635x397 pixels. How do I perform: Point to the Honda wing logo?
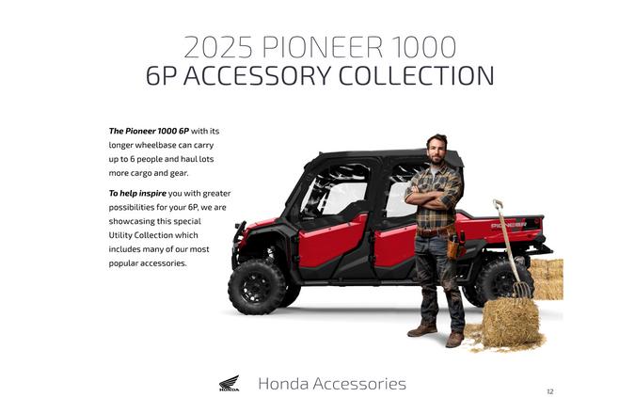[229, 383]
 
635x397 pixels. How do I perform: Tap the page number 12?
[550, 390]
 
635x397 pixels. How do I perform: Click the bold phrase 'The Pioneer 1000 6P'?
[149, 131]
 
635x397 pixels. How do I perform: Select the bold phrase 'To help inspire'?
[139, 193]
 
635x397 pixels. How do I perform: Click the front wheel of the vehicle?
[256, 283]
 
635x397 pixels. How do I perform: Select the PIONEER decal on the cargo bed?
[508, 226]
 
